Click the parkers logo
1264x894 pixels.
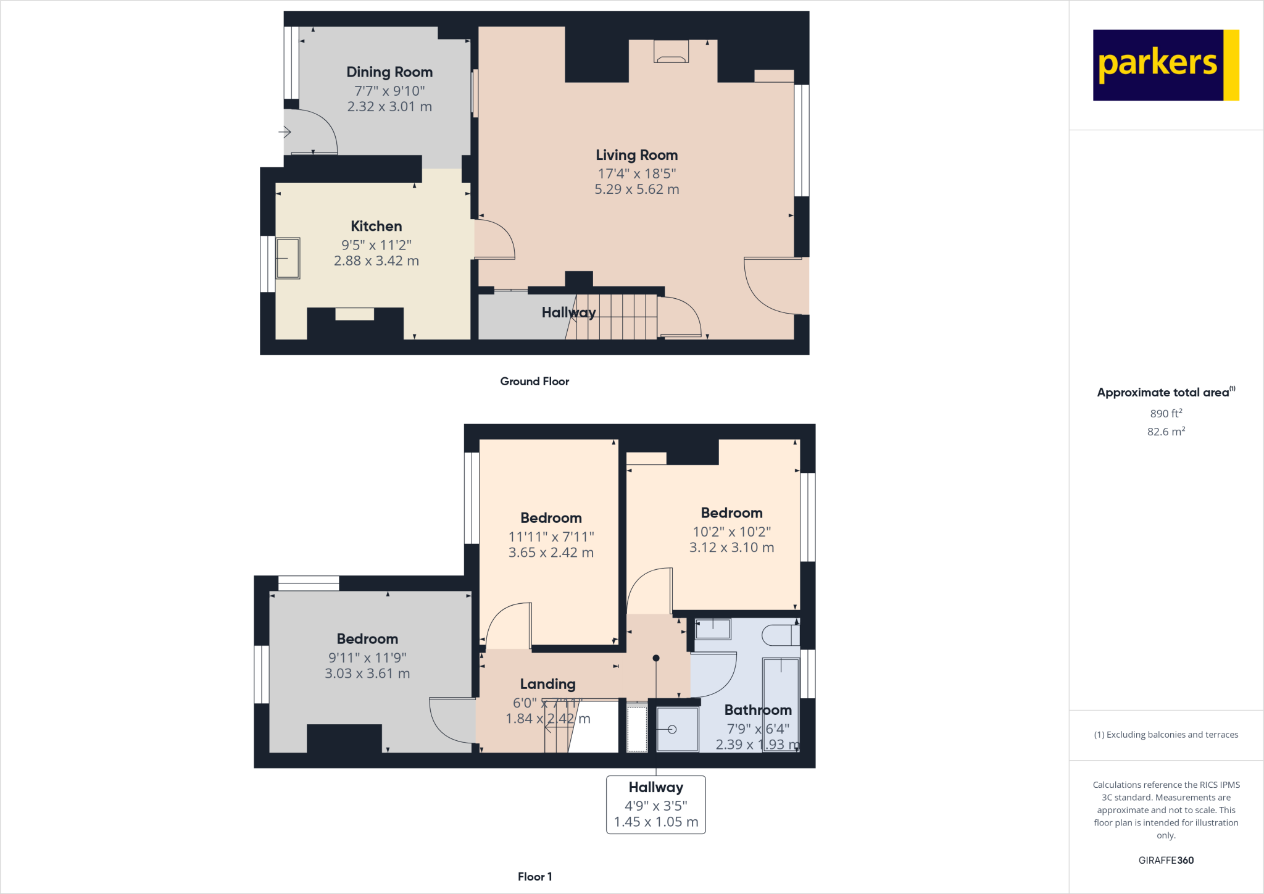(x=1165, y=65)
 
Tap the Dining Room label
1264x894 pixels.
(x=389, y=72)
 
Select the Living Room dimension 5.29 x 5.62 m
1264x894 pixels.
(x=636, y=190)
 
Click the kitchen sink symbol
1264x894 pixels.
(x=288, y=258)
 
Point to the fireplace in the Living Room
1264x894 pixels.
(x=671, y=52)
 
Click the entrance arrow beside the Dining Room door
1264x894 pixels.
(x=285, y=132)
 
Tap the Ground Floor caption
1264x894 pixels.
(x=534, y=382)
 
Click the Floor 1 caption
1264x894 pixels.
(x=534, y=877)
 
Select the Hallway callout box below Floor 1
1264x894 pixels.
(x=655, y=804)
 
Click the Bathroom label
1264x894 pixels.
(x=757, y=710)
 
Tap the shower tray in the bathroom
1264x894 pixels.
(x=676, y=729)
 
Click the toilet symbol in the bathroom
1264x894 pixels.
(x=780, y=635)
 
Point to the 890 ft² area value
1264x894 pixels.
(x=1165, y=414)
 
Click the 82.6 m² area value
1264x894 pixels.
(x=1165, y=432)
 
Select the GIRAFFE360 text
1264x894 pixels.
(x=1165, y=860)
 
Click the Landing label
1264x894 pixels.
(x=547, y=684)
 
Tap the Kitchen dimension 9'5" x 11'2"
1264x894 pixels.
(x=376, y=245)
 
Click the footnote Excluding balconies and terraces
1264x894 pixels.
(x=1165, y=735)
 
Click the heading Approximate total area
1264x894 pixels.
(x=1163, y=393)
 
